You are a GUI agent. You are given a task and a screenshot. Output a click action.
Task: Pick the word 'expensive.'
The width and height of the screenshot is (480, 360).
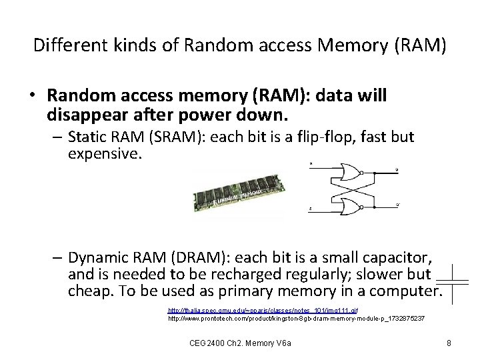[105, 155]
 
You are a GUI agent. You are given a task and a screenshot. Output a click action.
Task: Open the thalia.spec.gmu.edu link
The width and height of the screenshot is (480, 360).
[263, 311]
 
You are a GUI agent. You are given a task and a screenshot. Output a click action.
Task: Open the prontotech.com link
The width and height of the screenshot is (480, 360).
[296, 319]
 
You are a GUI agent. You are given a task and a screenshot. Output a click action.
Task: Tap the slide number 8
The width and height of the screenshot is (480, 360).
[449, 343]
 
